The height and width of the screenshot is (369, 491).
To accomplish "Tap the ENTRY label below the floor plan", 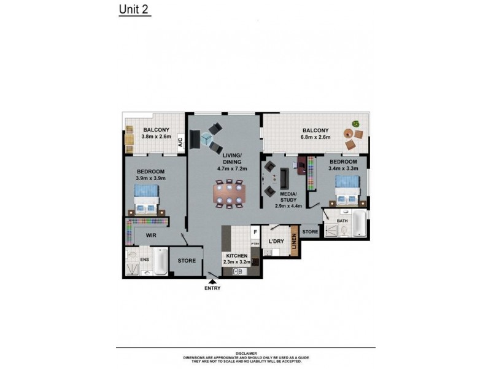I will click(x=212, y=288).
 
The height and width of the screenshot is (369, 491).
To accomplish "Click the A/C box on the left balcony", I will click(x=180, y=144).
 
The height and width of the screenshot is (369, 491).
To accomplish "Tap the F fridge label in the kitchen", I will click(x=255, y=232).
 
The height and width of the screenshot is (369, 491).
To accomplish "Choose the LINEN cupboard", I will click(x=295, y=240).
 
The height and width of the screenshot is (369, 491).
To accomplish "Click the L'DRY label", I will click(x=276, y=241).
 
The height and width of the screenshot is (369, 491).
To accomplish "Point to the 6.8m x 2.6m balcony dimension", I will click(x=315, y=138).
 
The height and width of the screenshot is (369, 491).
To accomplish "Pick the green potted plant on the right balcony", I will click(x=355, y=124).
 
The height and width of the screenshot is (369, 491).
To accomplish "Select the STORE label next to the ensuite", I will click(x=187, y=261).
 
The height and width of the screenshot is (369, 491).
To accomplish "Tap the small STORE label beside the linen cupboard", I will click(x=311, y=232).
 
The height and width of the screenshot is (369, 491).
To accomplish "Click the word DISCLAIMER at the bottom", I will click(x=245, y=354).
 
